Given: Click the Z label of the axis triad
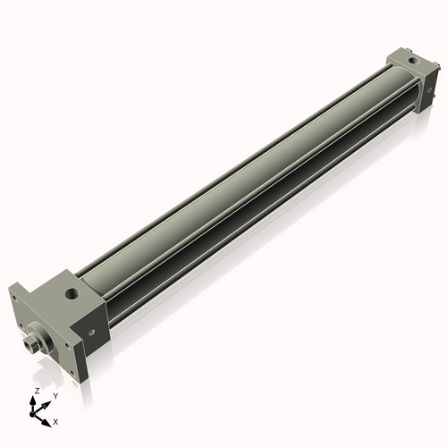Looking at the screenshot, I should (x=35, y=392).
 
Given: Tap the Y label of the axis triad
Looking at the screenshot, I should (x=55, y=395).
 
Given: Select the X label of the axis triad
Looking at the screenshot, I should (x=55, y=420).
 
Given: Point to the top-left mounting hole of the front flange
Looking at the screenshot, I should (x=17, y=295).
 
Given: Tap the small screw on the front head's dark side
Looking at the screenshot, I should (x=90, y=331).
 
